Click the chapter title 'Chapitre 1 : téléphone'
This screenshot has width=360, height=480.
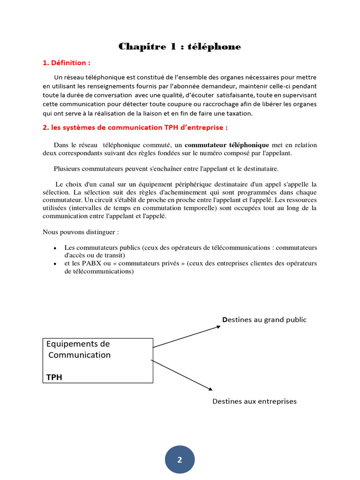[180, 46]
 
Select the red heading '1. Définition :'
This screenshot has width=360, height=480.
[67, 63]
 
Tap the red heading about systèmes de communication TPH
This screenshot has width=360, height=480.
[135, 127]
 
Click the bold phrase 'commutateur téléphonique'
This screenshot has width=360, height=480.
[227, 145]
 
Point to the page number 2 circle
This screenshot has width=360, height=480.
[180, 460]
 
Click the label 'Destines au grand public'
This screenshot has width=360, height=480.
[264, 320]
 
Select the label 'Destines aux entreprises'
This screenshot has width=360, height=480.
[255, 401]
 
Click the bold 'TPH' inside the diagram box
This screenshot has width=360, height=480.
[54, 376]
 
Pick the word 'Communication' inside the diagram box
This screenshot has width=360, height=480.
[80, 355]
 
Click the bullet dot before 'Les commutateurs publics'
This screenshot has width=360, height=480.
[55, 248]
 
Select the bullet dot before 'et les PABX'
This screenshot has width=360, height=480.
[55, 264]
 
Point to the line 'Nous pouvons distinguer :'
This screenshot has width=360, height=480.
[81, 232]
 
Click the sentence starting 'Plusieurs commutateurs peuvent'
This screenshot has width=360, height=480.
[166, 168]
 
